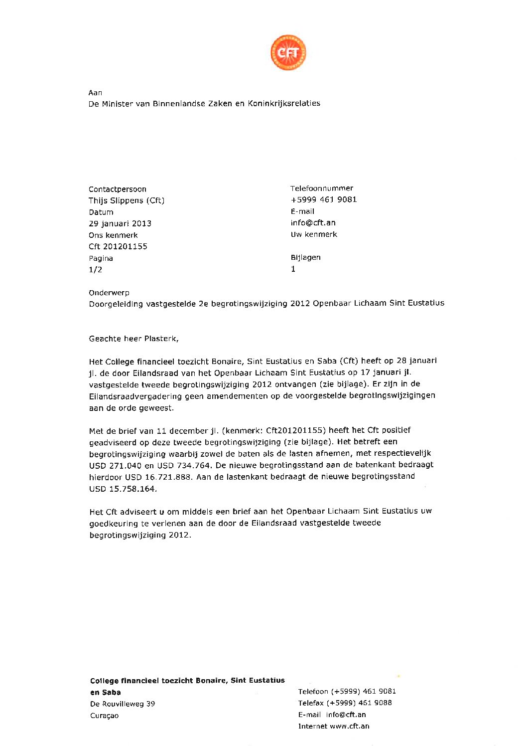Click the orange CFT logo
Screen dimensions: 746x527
coord(288,52)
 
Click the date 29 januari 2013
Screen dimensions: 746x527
coord(120,223)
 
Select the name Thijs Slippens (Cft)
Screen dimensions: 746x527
coord(127,200)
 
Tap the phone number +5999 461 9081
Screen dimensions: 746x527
coord(324,199)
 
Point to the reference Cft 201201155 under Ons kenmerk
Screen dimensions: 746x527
coord(118,246)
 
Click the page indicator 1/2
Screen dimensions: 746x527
coord(95,270)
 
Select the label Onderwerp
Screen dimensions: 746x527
coord(109,293)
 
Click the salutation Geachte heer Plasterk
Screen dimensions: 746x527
coord(133,339)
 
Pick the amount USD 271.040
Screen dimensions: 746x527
coord(116,465)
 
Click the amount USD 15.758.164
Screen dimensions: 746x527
coord(123,489)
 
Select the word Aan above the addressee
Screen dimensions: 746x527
coord(95,93)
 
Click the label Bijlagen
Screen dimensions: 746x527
coord(306,257)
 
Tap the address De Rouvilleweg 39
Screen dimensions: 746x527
coord(123,704)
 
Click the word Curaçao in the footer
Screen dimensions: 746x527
coord(105,716)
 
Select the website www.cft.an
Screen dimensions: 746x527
coord(350,726)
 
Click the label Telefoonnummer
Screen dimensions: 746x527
coord(322,188)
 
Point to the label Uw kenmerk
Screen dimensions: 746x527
coord(314,234)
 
